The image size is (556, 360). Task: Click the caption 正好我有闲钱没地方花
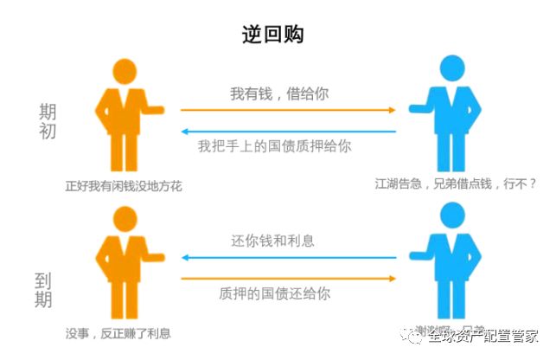pyautogui.click(x=124, y=185)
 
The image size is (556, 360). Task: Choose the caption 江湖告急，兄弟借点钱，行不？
pyautogui.click(x=456, y=183)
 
